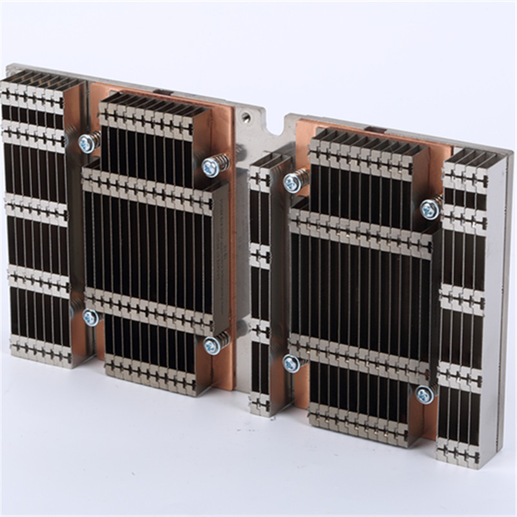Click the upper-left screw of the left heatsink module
pos(87,143)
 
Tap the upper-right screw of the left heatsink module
pos(211,168)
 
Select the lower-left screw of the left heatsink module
pos(90,317)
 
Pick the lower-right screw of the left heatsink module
pos(211,346)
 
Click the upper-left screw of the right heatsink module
pos(292,183)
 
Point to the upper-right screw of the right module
pos(428,209)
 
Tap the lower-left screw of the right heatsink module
pos(291,363)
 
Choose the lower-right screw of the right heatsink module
pos(424,395)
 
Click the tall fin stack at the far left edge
pos(36,220)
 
